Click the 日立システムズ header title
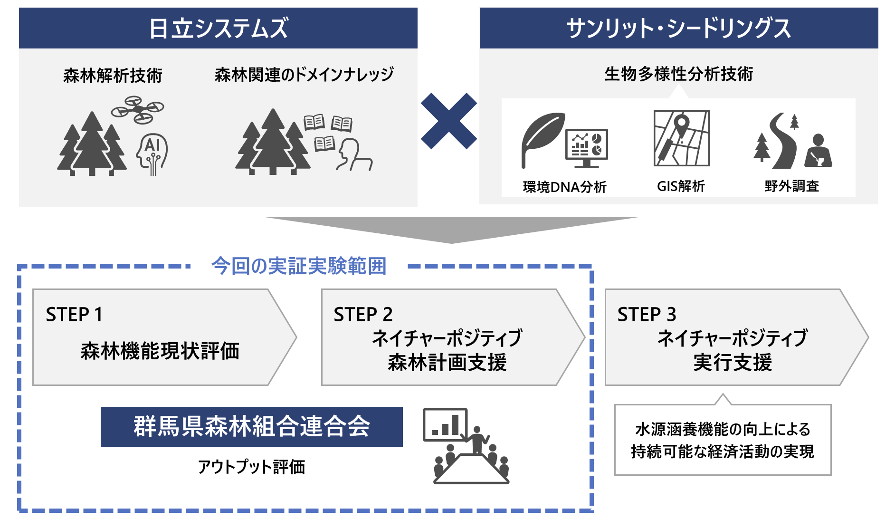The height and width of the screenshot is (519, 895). point(218,28)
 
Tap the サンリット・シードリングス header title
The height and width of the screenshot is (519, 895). point(678,28)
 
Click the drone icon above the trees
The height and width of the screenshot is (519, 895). point(137,110)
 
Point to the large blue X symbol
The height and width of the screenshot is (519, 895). point(448,121)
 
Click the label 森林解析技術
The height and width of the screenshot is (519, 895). point(113,75)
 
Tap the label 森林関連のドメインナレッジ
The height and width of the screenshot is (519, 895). point(304,74)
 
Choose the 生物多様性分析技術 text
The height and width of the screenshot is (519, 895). point(678,74)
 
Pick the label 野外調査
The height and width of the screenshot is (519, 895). point(792,186)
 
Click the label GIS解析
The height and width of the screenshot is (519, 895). point(681,186)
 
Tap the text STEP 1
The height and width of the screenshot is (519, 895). point(74,314)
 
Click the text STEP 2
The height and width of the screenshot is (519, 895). point(363,314)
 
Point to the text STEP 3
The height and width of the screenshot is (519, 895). point(647,314)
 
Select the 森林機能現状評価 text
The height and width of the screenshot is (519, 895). point(160,351)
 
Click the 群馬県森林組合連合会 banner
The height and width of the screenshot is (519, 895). point(251,426)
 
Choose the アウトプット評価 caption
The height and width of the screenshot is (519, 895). point(251,467)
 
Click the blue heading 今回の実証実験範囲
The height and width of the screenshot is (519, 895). point(299,266)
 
